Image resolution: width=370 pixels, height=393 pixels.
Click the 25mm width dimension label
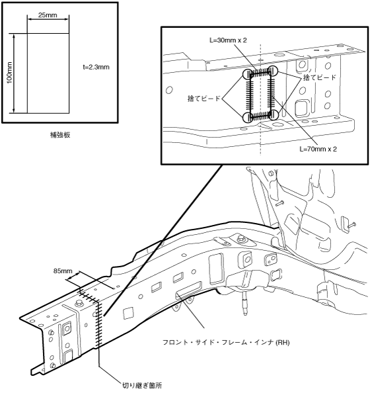point(48,15)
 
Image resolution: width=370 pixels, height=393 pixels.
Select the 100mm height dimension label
point(9,73)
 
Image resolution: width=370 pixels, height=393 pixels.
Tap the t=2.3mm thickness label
point(96,67)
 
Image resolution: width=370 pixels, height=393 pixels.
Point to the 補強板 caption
point(60,135)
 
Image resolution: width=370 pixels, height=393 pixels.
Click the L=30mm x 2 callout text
point(228,40)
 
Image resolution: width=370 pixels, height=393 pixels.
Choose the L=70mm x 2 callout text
point(318,149)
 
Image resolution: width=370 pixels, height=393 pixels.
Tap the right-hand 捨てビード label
point(319,77)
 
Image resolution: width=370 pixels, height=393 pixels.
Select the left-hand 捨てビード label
point(203,98)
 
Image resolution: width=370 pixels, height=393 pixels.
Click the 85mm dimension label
point(63,271)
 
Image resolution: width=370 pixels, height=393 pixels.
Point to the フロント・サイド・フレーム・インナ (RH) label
point(226,342)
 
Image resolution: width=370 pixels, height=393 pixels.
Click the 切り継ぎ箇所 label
point(141,385)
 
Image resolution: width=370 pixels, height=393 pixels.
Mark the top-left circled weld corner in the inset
point(248,74)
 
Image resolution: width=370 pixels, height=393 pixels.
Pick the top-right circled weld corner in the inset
point(273,71)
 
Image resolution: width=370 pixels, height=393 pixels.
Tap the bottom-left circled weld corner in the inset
point(248,117)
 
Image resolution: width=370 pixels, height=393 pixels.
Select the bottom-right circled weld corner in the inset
point(274,114)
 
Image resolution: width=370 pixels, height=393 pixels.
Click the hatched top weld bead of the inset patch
point(260,73)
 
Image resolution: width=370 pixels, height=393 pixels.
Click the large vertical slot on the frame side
point(216,269)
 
